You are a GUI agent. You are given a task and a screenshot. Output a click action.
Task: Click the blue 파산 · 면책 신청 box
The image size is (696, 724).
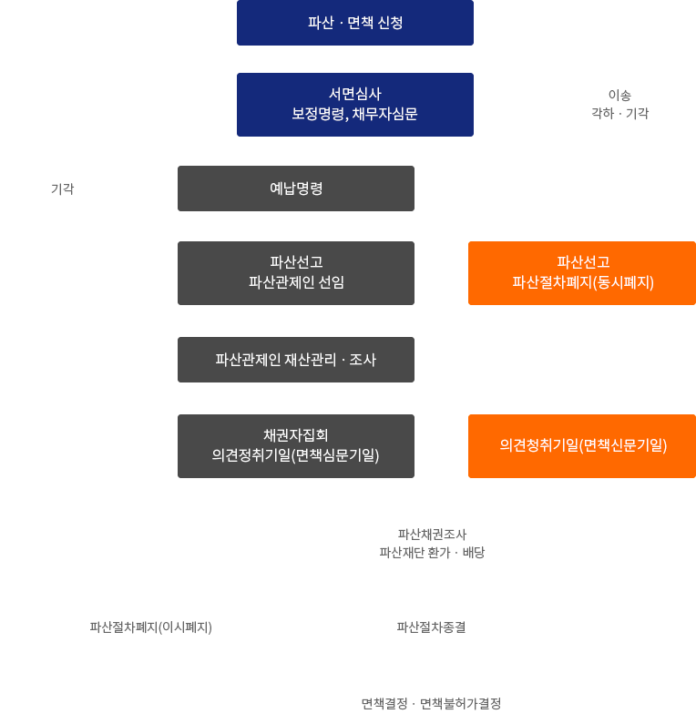[x=355, y=23]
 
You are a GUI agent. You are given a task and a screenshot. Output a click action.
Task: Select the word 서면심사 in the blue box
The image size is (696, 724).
[x=355, y=94]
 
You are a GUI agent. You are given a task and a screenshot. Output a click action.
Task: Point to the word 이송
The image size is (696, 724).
[x=619, y=95]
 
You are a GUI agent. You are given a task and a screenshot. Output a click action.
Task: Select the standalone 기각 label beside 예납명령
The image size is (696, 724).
[x=62, y=189]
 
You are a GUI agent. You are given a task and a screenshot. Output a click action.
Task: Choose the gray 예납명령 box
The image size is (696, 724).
[x=296, y=189]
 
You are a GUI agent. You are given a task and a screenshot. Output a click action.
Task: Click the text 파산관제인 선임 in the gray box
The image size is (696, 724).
[x=296, y=283]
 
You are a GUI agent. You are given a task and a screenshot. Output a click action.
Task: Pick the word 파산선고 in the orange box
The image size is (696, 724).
[x=583, y=262]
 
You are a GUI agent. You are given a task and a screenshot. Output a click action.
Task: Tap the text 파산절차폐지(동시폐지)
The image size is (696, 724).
[x=583, y=283]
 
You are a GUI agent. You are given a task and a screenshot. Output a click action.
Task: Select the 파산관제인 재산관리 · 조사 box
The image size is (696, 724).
[x=296, y=360]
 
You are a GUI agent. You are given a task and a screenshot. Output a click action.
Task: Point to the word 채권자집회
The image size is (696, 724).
[x=296, y=435]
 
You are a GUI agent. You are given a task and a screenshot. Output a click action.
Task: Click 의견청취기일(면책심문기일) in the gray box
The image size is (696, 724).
[x=296, y=455]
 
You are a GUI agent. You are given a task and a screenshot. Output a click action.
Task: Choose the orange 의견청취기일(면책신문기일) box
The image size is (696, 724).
[x=583, y=446]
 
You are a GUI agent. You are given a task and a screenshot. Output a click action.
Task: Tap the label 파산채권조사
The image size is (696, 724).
[x=432, y=535]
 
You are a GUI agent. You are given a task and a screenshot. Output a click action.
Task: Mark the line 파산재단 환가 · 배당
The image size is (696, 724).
[x=432, y=553]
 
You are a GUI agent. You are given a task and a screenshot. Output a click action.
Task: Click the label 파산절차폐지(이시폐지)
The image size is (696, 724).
[x=150, y=627]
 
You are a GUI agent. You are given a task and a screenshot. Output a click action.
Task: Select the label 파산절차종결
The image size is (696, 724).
[x=431, y=627]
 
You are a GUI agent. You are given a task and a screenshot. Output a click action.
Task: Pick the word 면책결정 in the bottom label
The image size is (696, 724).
[x=384, y=704]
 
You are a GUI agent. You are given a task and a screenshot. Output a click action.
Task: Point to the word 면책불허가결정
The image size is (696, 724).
[x=460, y=704]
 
